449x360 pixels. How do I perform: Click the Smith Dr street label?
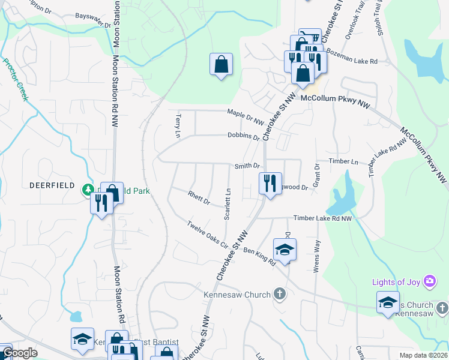(x=247, y=166)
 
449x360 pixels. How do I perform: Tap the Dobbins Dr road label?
(x=243, y=136)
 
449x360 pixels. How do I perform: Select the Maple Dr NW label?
(x=246, y=116)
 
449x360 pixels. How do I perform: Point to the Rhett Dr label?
(x=198, y=197)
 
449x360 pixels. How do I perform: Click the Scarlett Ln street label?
(x=228, y=204)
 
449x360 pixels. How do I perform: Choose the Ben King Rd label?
(x=259, y=256)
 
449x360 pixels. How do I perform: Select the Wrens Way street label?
(x=316, y=256)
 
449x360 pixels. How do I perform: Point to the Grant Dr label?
(x=316, y=175)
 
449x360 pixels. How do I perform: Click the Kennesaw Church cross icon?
(x=279, y=294)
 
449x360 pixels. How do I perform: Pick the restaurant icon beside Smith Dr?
(x=270, y=182)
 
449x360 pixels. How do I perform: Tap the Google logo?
(x=20, y=353)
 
